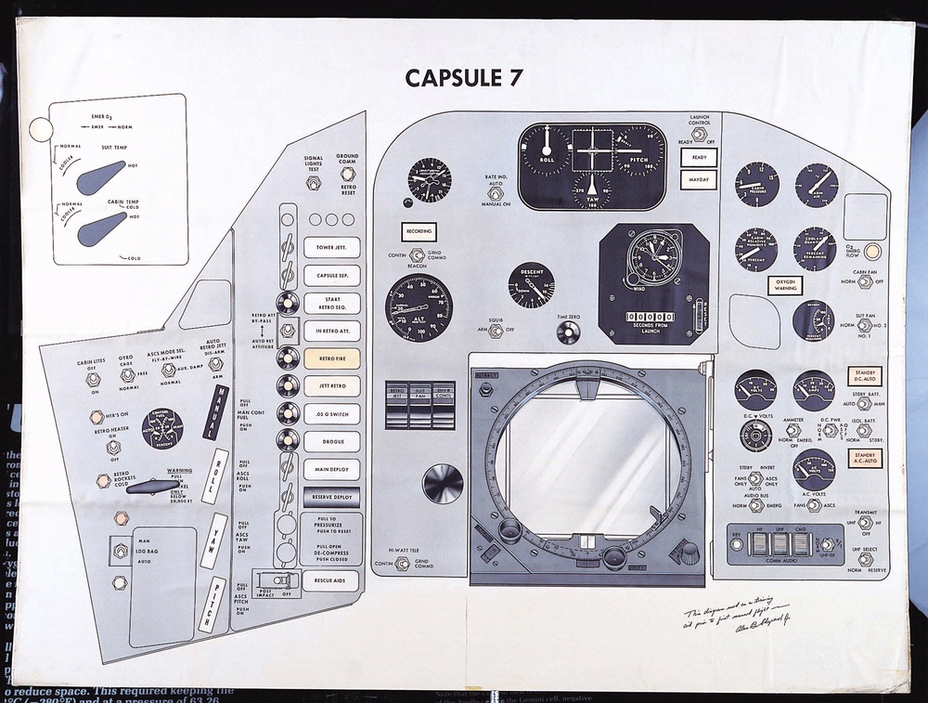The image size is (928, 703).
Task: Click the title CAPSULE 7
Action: tap(464, 78)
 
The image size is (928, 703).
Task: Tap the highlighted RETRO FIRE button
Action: tap(331, 358)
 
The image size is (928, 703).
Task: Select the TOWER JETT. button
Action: tap(331, 248)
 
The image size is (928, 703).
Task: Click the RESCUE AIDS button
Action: tap(331, 581)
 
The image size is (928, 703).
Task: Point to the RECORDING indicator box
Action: tap(418, 231)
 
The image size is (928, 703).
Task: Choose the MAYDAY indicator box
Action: tap(699, 178)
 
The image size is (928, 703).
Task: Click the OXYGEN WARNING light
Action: tap(785, 285)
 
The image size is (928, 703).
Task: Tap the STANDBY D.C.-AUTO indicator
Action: tap(865, 376)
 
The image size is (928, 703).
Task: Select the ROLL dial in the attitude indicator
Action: tap(546, 150)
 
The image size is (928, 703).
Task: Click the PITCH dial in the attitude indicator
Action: tap(639, 150)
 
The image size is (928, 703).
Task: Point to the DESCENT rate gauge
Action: tap(532, 285)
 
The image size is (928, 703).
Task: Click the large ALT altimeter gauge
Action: tap(419, 307)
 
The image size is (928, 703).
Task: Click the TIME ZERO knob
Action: tap(568, 332)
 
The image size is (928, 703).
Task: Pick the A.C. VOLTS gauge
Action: tap(813, 466)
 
